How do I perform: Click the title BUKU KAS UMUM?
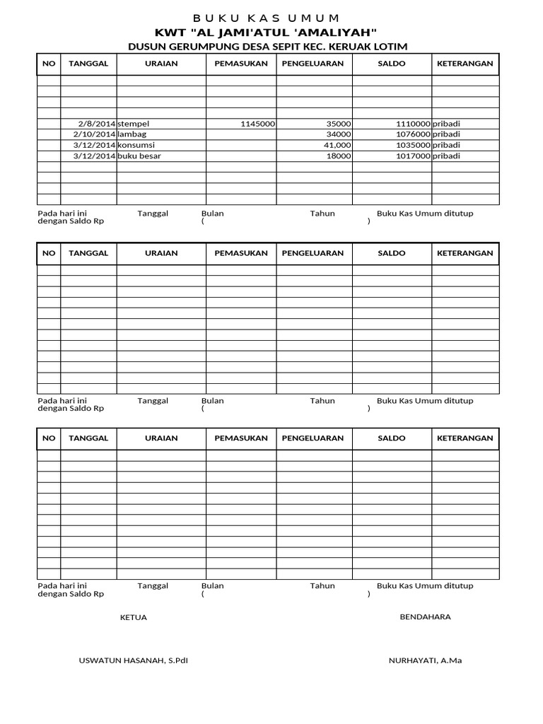[x=267, y=18]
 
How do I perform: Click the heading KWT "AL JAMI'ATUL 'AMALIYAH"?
[x=267, y=33]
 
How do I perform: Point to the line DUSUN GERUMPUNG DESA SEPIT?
[x=267, y=47]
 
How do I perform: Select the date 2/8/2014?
[x=97, y=124]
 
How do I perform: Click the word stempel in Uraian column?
[x=134, y=124]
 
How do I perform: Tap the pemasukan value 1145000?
[x=257, y=124]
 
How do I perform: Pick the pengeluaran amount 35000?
[x=339, y=124]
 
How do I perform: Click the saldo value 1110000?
[x=413, y=124]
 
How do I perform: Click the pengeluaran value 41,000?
[x=337, y=145]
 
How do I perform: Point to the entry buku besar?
[x=139, y=156]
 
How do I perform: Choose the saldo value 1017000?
[x=413, y=156]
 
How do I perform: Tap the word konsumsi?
[x=136, y=145]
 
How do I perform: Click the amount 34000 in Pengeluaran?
[x=339, y=134]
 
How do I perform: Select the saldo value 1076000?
[x=413, y=134]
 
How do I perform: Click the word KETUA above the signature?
[x=134, y=617]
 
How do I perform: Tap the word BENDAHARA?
[x=425, y=617]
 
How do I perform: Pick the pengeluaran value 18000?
[x=339, y=156]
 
